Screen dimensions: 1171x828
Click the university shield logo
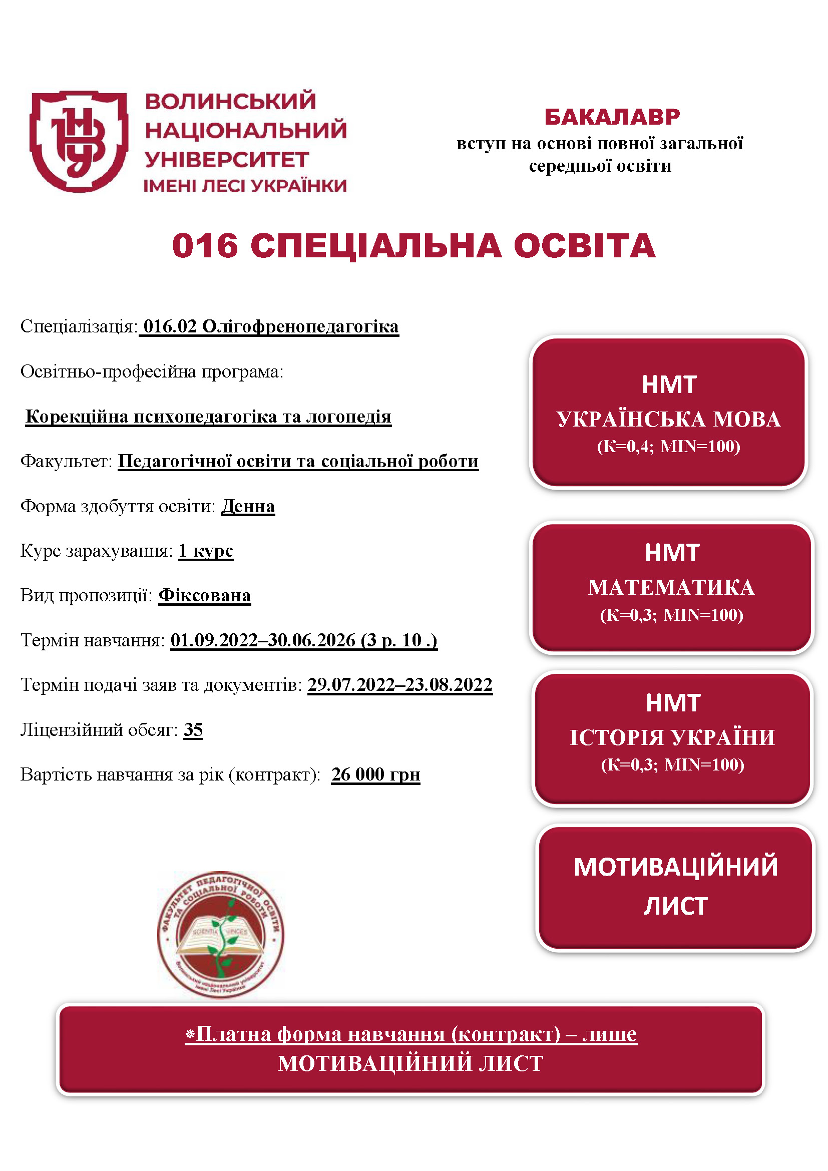(79, 141)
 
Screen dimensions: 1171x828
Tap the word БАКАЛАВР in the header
(612, 117)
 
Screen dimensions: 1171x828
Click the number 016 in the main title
(205, 246)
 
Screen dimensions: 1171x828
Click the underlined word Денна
(248, 506)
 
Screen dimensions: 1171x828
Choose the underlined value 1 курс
(206, 551)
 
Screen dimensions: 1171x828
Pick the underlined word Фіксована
(204, 595)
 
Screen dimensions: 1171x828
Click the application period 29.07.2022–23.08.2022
(399, 684)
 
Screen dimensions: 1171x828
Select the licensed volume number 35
(193, 730)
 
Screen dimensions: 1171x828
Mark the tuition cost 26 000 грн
(376, 774)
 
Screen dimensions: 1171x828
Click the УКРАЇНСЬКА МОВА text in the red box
(668, 419)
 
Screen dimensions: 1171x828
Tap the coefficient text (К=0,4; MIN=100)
(668, 446)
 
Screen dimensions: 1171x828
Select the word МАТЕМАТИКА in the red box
(671, 588)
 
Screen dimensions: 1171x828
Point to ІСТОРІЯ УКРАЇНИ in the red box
(672, 737)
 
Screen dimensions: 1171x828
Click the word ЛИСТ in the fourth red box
(675, 906)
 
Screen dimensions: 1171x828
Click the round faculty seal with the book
(221, 934)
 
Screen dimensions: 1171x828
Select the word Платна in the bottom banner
(234, 1034)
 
